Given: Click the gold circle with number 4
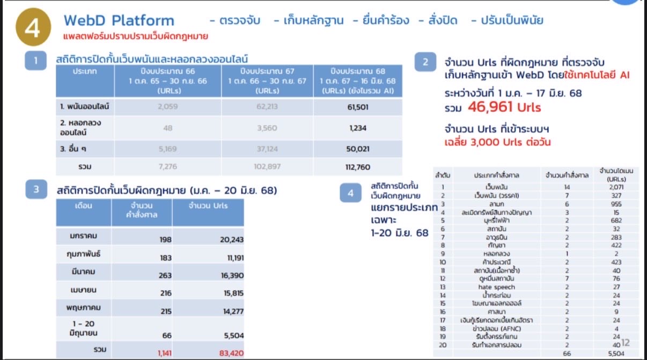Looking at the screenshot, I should point(32,28).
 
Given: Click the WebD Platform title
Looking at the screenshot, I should point(119,21).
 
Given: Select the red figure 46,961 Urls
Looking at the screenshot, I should point(504,107).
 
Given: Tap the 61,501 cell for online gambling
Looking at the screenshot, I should point(358,107).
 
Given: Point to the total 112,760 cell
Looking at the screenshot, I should point(358,167).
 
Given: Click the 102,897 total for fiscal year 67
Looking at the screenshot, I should point(267,167).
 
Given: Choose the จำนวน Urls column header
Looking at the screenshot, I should point(208,206).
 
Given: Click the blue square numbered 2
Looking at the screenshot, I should point(425,62).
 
